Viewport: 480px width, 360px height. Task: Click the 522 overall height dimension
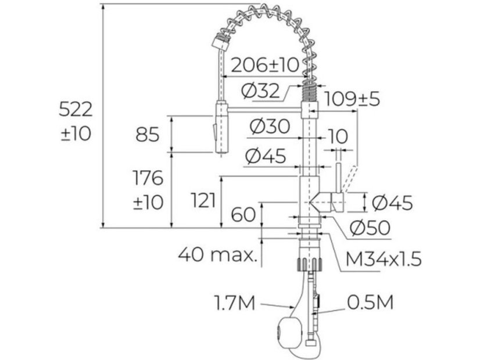[76, 110]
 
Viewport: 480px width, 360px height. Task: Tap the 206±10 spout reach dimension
[265, 64]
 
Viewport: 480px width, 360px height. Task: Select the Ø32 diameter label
[260, 91]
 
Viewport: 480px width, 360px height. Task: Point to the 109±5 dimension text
[352, 99]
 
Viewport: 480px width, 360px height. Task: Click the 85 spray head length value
[148, 134]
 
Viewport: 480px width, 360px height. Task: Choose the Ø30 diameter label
[270, 127]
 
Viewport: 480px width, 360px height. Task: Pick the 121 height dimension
[203, 201]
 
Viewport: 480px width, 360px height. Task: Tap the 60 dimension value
[243, 214]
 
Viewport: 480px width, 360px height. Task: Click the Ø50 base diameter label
[370, 228]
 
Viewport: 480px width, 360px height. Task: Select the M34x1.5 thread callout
[384, 259]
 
